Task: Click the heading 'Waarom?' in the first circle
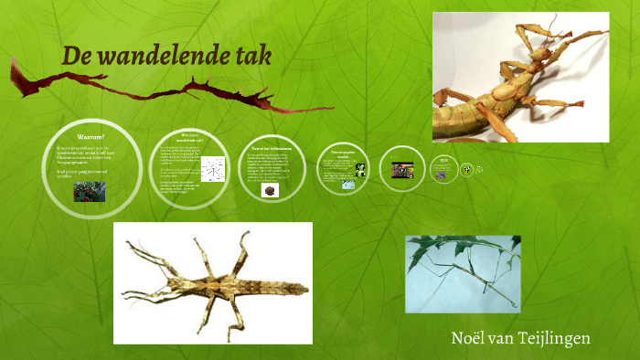pos(91,137)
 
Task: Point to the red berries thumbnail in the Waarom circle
pos(90,191)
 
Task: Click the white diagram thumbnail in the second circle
pos(216,169)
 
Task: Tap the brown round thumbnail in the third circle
pos(270,191)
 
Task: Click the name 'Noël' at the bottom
pos(473,338)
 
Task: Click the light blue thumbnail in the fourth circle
pos(348,185)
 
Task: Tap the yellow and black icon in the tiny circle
pos(466,168)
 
